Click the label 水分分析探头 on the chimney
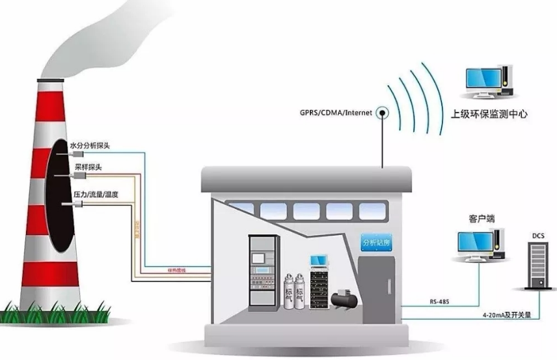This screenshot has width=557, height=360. pyautogui.click(x=89, y=145)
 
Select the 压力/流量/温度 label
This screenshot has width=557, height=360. pyautogui.click(x=95, y=195)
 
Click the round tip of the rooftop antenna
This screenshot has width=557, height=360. pyautogui.click(x=383, y=112)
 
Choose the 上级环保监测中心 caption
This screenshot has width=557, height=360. pyautogui.click(x=489, y=114)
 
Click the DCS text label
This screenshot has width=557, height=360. pyautogui.click(x=537, y=234)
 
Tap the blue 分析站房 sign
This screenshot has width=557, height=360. pyautogui.click(x=377, y=243)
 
